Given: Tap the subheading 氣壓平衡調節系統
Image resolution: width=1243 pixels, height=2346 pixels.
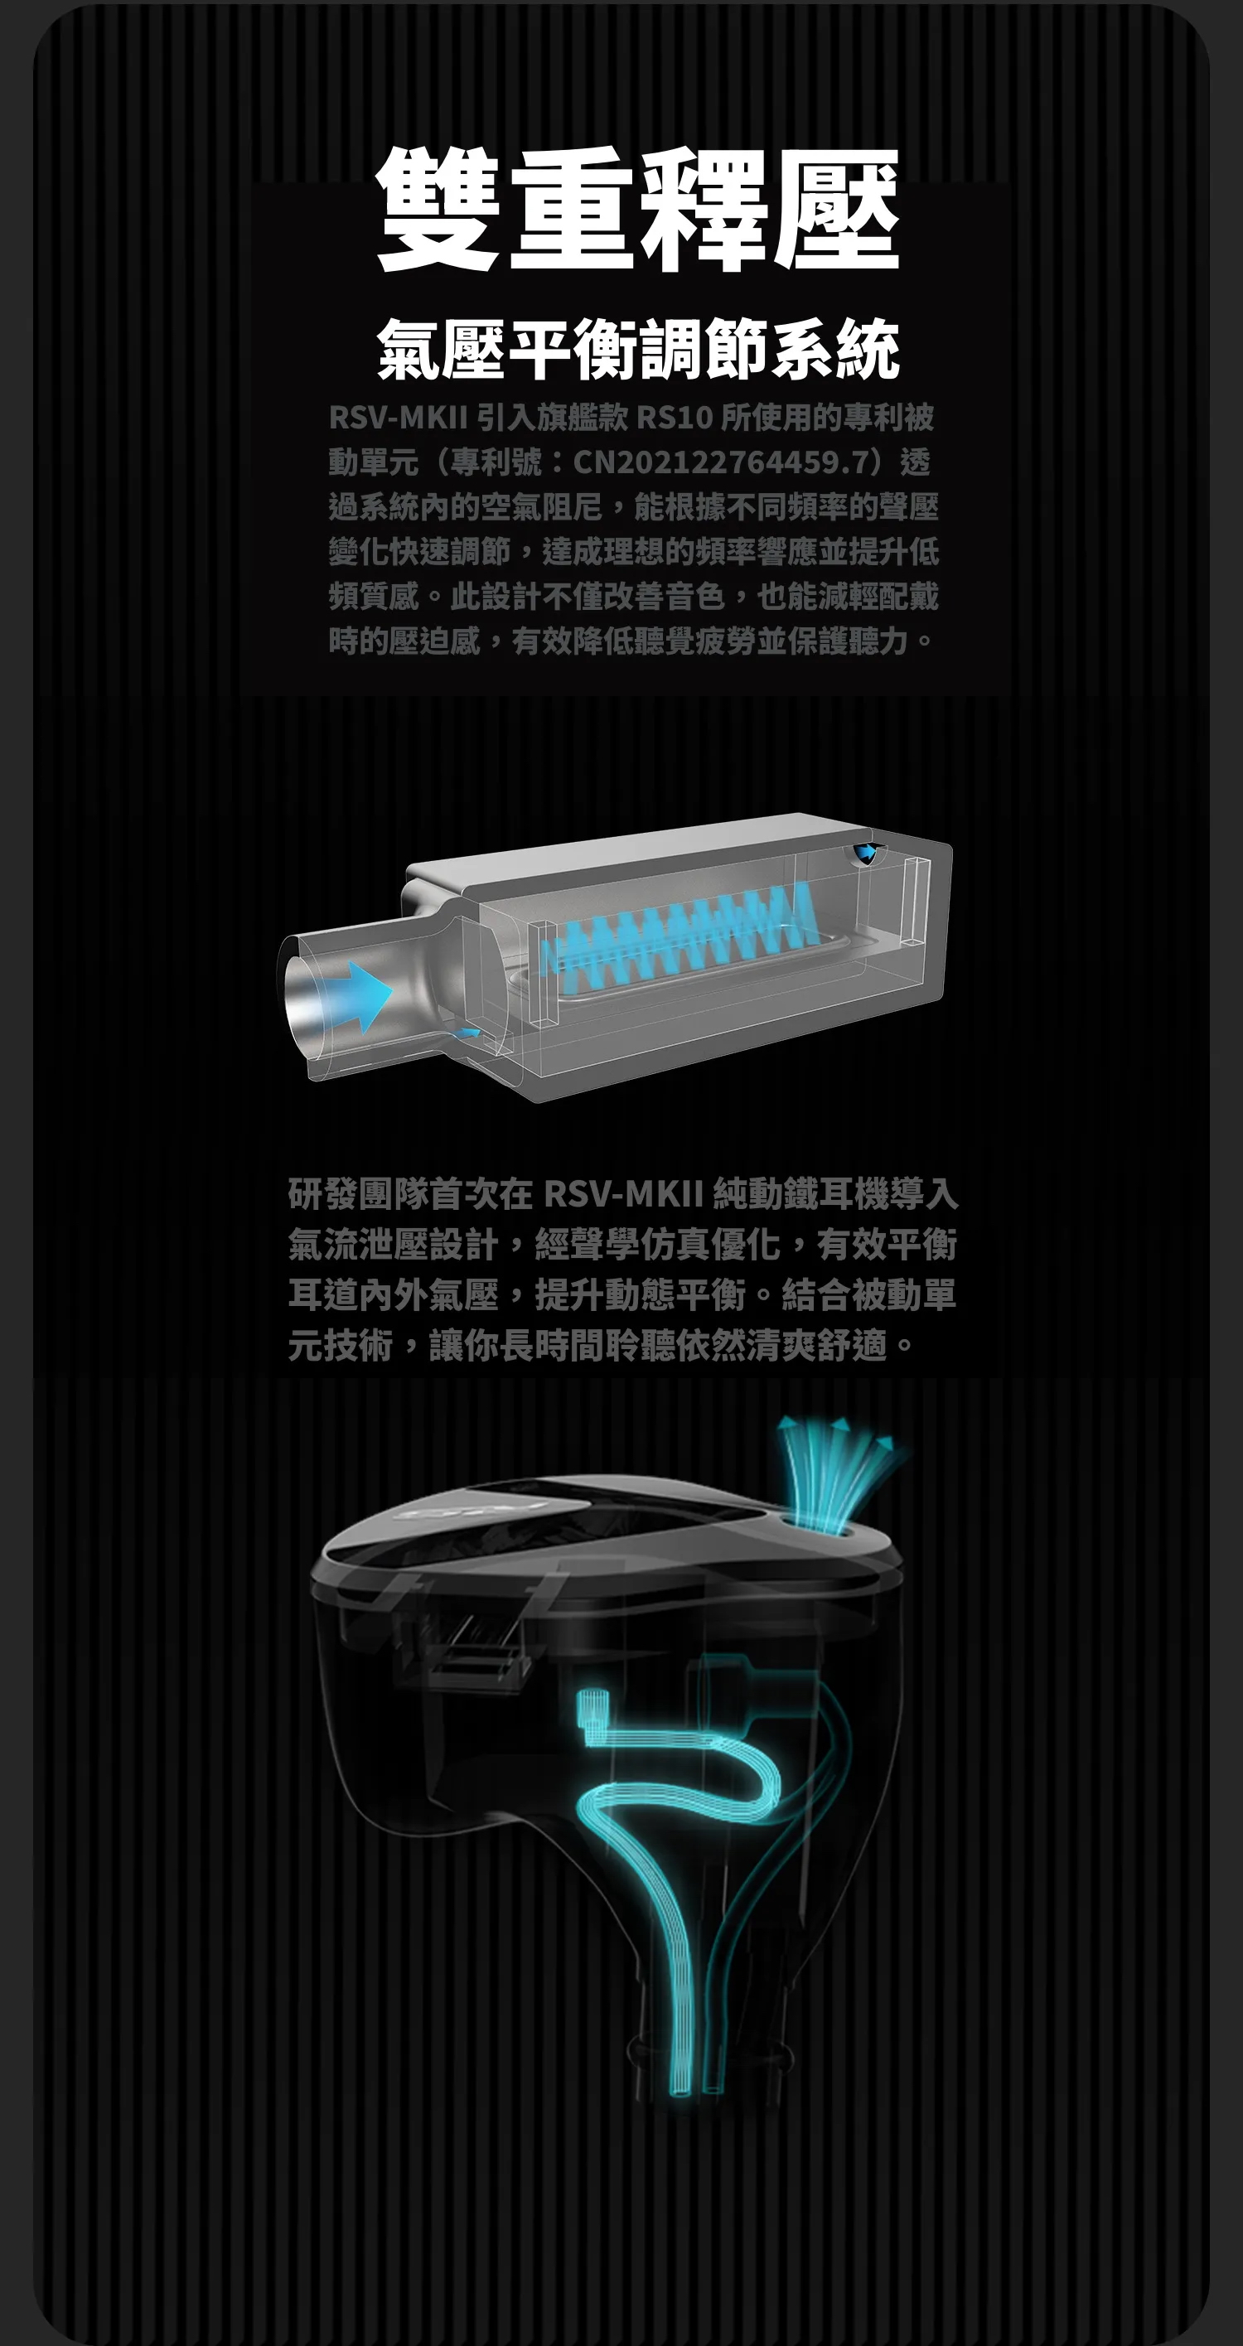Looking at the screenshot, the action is (637, 349).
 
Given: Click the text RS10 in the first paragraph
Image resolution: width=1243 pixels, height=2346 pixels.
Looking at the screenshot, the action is (674, 417).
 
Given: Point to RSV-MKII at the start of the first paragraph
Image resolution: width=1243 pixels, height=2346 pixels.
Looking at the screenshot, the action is (398, 417).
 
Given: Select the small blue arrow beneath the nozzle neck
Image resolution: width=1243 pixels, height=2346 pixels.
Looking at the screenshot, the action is (468, 1033).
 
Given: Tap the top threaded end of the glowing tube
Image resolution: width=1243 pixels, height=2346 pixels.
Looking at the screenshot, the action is (592, 1705).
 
